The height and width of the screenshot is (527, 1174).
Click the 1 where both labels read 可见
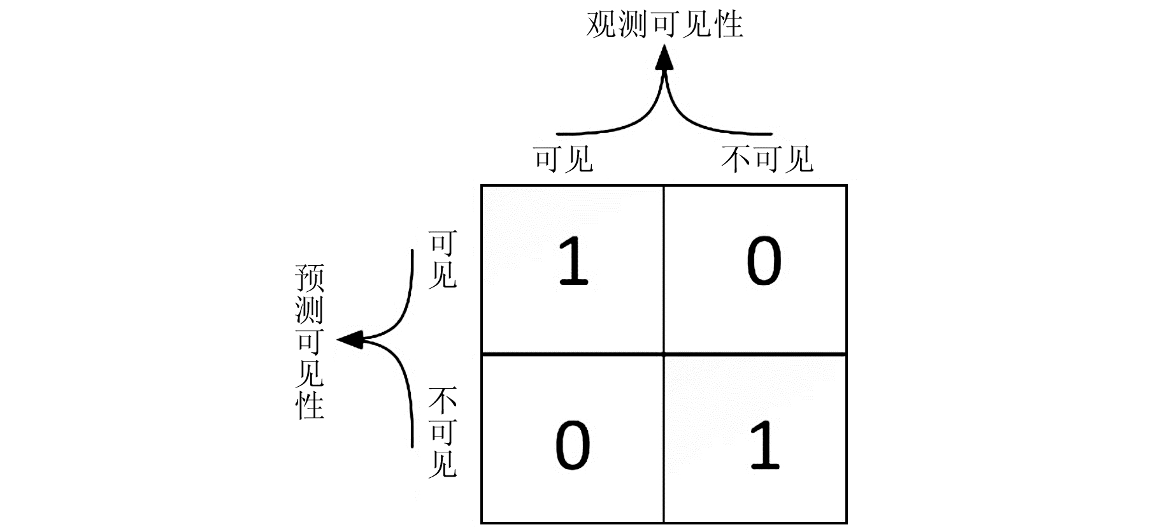[x=573, y=261]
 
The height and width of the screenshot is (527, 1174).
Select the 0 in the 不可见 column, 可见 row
[x=764, y=261]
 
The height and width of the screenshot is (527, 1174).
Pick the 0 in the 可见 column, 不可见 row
[x=573, y=445]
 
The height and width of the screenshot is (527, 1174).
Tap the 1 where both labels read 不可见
[x=764, y=445]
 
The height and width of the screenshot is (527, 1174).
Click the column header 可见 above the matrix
[x=564, y=159]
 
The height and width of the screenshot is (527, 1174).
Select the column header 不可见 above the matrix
[x=767, y=159]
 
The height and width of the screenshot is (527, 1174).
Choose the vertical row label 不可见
[x=442, y=433]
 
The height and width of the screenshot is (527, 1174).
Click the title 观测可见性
[x=664, y=24]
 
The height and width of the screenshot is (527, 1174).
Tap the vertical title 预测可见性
[x=310, y=342]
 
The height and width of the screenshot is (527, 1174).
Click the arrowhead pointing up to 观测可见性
[x=665, y=59]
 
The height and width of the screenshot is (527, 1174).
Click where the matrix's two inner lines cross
[x=664, y=354]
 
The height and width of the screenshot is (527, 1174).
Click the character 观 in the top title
[x=601, y=24]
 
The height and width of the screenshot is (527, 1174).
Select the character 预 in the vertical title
[x=310, y=278]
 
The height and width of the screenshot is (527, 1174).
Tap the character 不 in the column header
[x=736, y=159]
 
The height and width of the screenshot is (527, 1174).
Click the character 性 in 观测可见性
[x=728, y=24]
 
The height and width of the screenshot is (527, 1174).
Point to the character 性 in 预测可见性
[x=310, y=405]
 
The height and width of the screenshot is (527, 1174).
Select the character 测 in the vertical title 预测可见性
[x=310, y=310]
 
